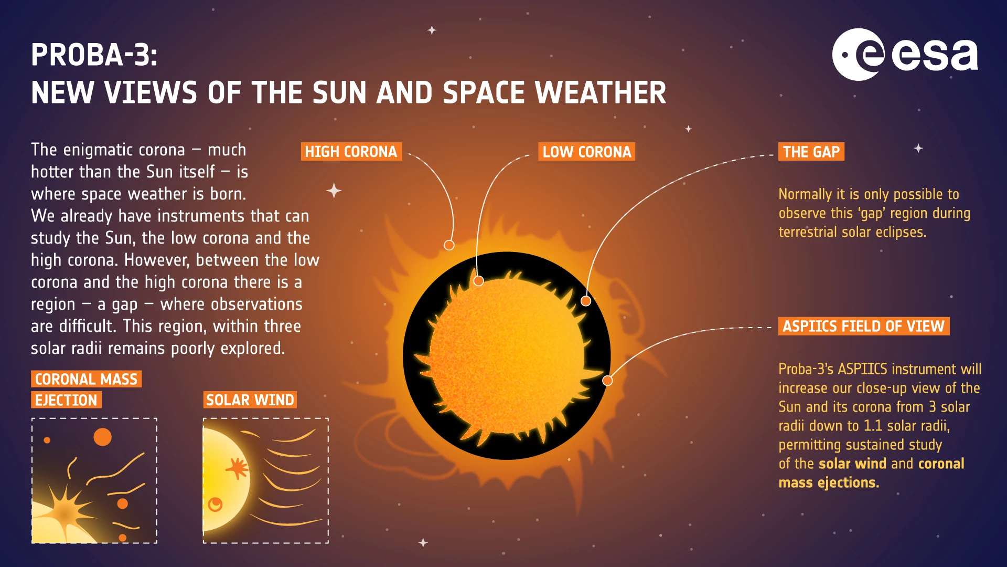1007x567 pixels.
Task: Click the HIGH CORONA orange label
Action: tap(351, 152)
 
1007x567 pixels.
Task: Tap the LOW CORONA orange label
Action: tap(586, 152)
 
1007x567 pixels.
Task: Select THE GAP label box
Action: tap(811, 152)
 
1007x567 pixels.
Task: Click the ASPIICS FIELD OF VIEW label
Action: tap(863, 326)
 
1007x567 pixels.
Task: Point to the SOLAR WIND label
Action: tap(250, 400)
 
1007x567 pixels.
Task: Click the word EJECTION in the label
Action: tap(66, 400)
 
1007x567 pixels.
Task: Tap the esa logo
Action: tap(904, 55)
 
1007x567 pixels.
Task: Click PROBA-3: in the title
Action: tap(94, 55)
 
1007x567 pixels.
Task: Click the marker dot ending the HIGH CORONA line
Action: tap(449, 245)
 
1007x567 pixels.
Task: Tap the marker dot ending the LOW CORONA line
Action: tap(478, 281)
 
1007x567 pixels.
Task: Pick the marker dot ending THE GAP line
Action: tap(586, 301)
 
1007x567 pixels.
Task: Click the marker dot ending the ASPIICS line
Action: tap(607, 381)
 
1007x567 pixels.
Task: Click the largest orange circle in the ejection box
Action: tap(102, 437)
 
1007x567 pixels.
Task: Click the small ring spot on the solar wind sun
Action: tap(215, 505)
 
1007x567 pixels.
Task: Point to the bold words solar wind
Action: tap(852, 464)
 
